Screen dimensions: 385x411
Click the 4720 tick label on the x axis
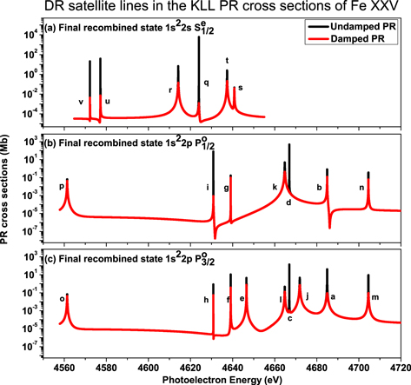399,366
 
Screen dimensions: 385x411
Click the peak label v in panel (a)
80,102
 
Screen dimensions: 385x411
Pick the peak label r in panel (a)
169,90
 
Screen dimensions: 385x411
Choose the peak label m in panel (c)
375,297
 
